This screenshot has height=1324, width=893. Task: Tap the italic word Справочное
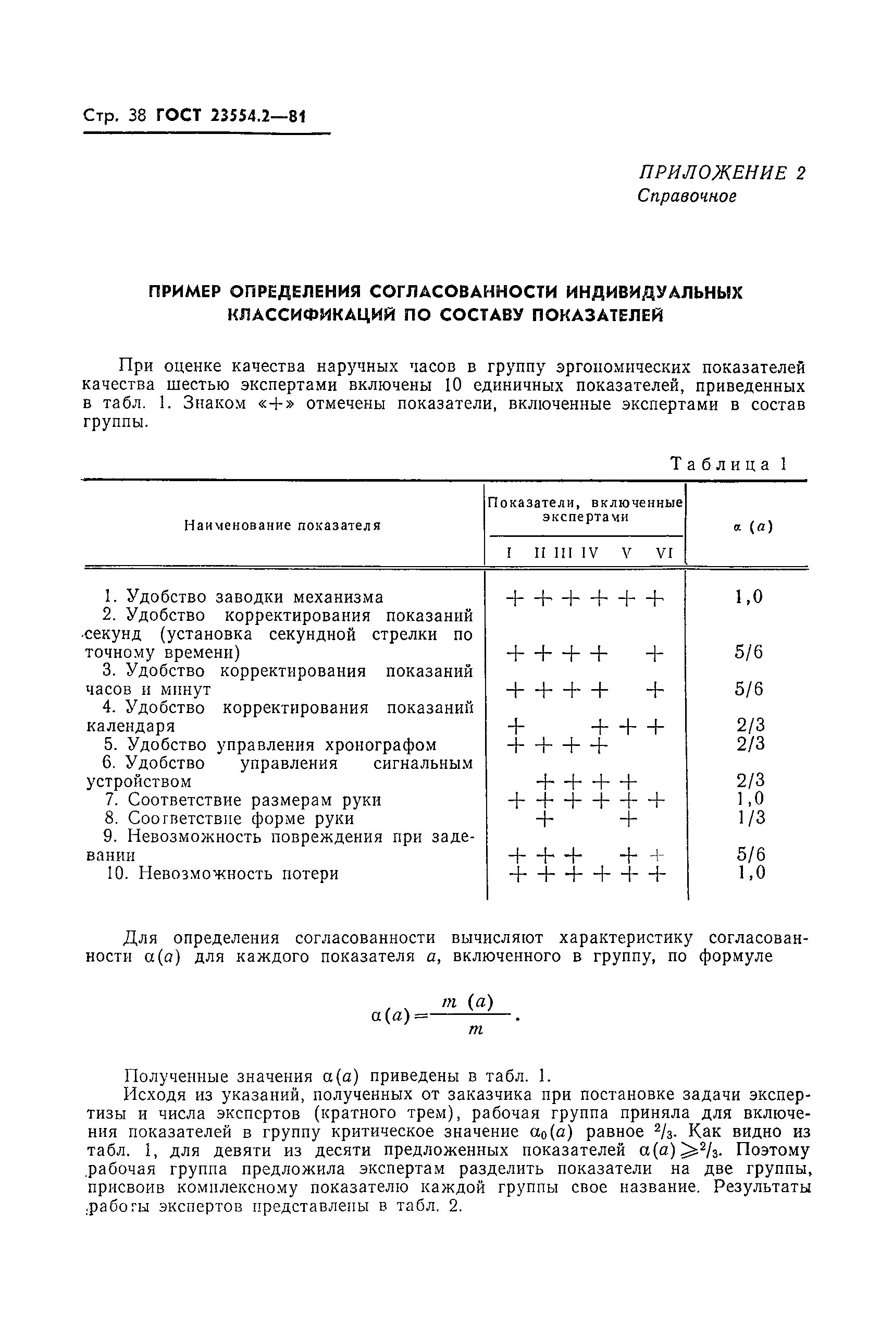coord(687,196)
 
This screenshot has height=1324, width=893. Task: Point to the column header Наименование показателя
coord(282,525)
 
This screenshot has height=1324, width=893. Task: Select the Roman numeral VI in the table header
coord(665,553)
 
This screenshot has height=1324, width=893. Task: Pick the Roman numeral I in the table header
coord(510,553)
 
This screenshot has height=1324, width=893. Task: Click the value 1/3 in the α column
coord(751,818)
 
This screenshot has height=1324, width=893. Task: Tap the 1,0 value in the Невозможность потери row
coord(751,873)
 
